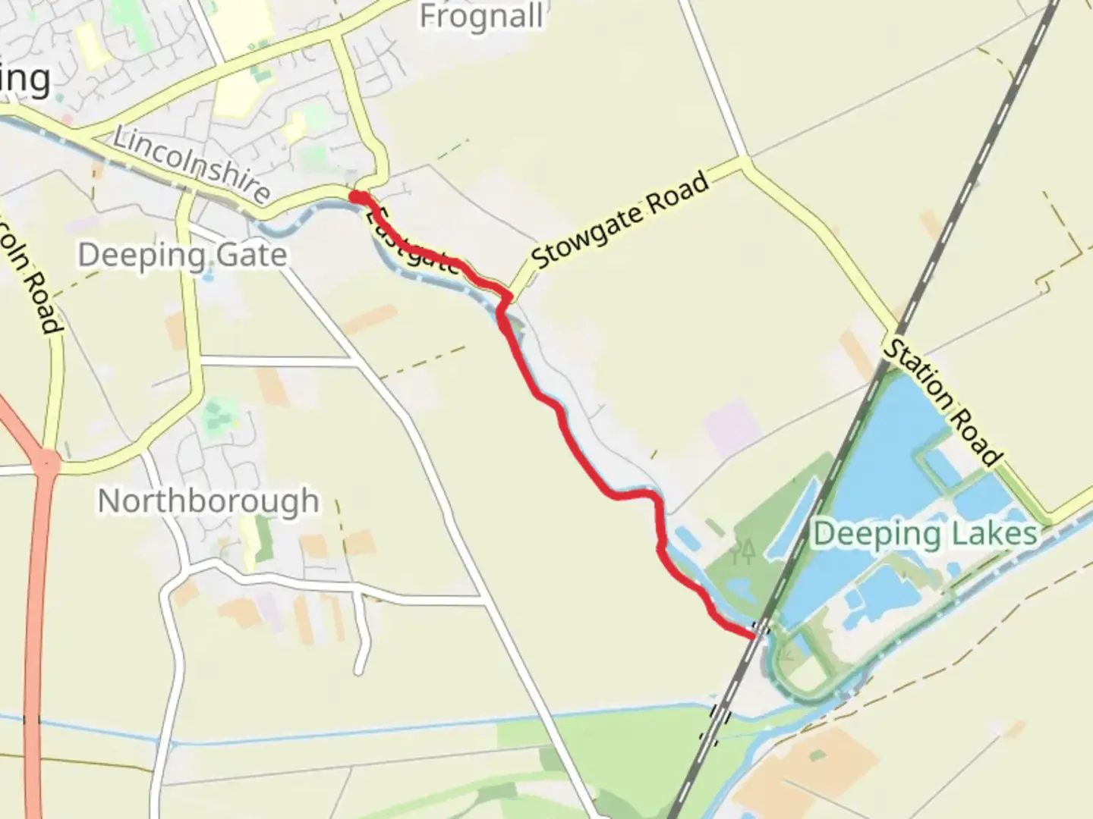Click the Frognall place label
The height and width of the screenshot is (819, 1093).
point(481,16)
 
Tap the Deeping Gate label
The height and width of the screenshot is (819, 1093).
point(182,255)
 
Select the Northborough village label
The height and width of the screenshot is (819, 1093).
point(209,500)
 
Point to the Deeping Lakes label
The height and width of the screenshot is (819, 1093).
point(924,534)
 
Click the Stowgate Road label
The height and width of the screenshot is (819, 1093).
point(620,220)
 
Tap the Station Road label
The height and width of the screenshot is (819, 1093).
point(942,402)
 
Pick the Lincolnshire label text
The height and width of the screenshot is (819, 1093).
point(191,165)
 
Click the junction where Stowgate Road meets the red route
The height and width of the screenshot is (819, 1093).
point(509,294)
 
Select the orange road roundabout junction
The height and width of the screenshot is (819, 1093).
point(46,460)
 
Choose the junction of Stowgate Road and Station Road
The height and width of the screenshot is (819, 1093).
point(745,162)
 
